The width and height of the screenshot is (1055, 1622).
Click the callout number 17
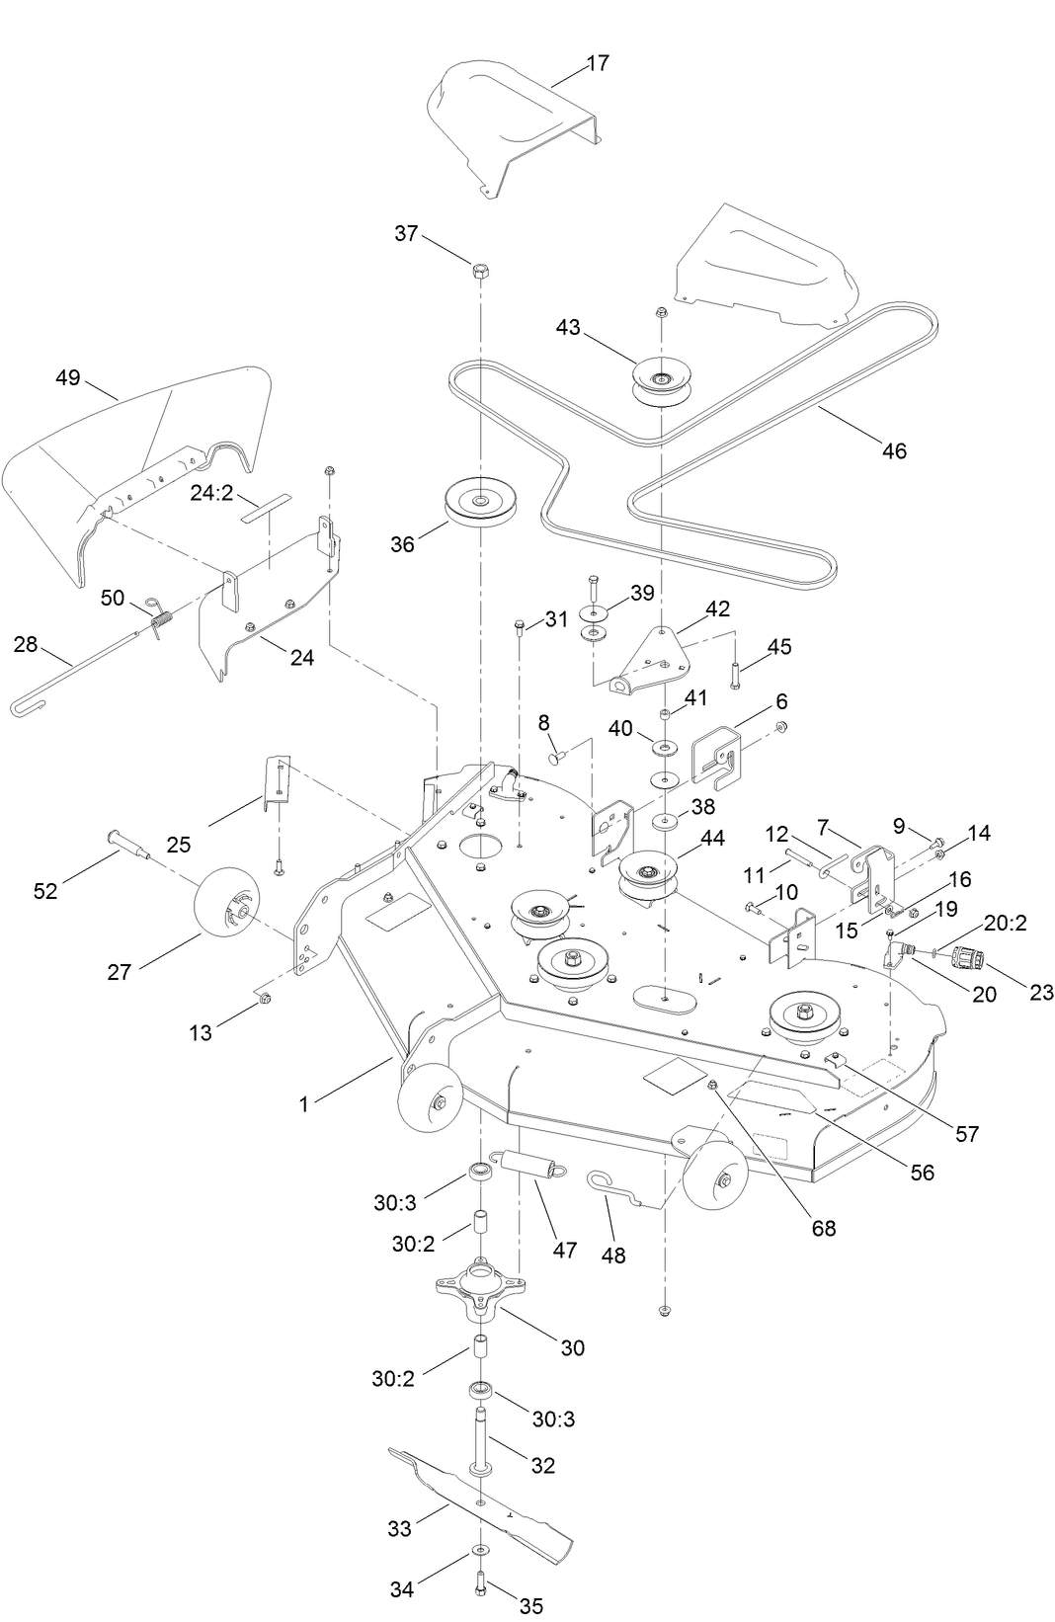[598, 63]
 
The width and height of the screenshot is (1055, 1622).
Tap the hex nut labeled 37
[479, 270]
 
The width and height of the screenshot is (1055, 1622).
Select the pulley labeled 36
[479, 505]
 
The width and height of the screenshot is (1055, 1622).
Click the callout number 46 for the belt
[893, 451]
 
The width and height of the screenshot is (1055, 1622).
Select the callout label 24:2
[211, 491]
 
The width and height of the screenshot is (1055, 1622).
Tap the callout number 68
[823, 1228]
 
